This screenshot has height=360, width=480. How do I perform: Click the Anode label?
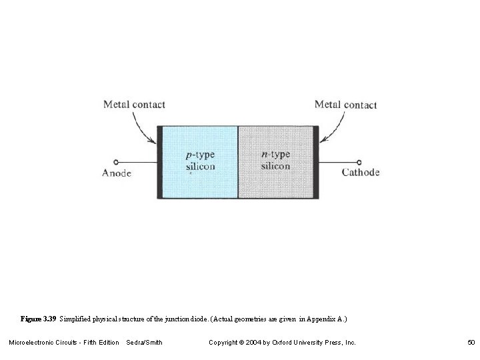click(x=116, y=173)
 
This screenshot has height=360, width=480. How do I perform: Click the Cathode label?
click(x=361, y=172)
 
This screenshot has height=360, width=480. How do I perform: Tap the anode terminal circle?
click(x=116, y=162)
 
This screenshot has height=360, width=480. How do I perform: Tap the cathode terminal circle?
click(x=359, y=162)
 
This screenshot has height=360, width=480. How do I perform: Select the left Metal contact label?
click(x=134, y=104)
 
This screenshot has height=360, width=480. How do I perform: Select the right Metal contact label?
click(x=345, y=104)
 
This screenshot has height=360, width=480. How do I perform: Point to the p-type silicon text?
click(x=200, y=161)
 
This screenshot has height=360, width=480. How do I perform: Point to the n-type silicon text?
click(x=275, y=160)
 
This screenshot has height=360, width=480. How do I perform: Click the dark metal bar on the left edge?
click(x=159, y=162)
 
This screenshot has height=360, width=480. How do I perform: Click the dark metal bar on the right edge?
click(x=316, y=162)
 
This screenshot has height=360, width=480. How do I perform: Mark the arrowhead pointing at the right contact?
click(x=322, y=140)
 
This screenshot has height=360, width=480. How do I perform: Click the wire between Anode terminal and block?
click(x=137, y=162)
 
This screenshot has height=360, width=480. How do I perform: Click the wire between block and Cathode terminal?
click(x=338, y=162)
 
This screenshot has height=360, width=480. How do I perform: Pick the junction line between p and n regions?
click(x=238, y=162)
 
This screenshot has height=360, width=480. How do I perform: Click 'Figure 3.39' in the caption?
click(x=39, y=319)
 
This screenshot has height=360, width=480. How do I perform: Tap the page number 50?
click(x=471, y=343)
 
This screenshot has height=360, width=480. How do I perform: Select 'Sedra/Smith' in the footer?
click(x=144, y=343)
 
